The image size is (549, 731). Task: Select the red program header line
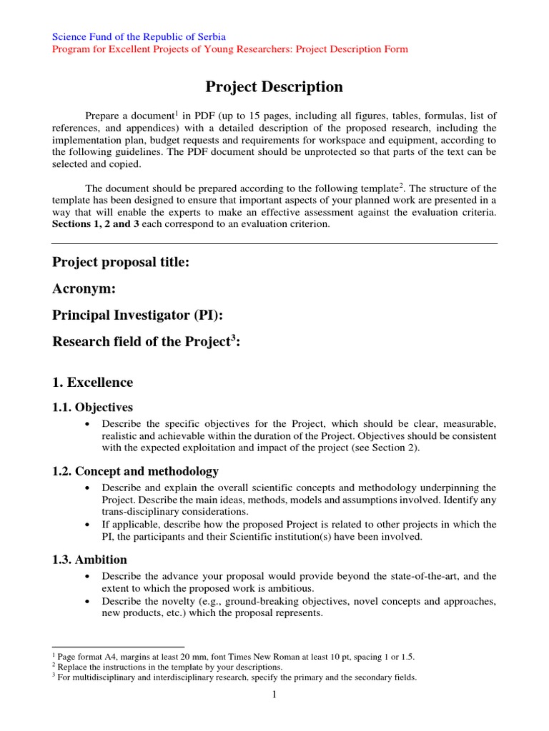231,49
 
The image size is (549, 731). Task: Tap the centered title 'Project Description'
274,87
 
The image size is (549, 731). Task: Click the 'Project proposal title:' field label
121,263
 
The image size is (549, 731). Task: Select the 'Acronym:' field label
83,289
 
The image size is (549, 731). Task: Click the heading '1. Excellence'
93,382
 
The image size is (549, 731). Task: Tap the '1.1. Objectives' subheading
93,408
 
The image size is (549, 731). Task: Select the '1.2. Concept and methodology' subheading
136,471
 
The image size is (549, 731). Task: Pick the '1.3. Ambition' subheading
90,560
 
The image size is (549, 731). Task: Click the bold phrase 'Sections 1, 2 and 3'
97,224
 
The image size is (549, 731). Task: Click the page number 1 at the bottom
274,696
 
